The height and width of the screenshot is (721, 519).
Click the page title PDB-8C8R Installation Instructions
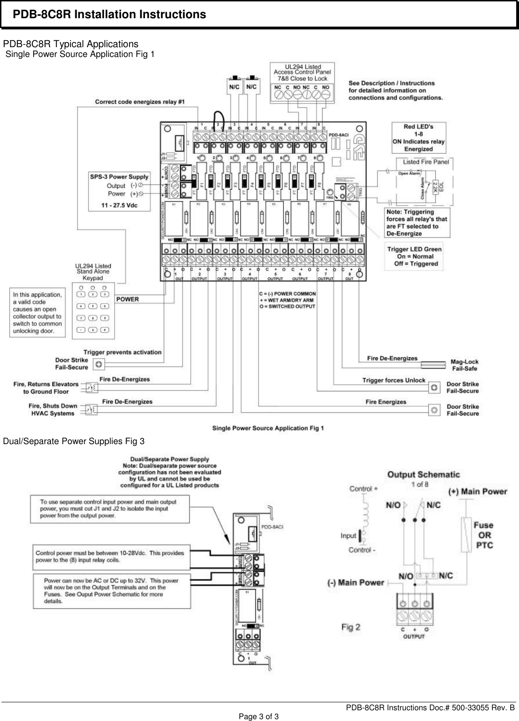109,15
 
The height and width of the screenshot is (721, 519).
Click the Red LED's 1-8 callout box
418,138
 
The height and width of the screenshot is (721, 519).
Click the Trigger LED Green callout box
414,256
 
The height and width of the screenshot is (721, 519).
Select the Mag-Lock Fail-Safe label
464,365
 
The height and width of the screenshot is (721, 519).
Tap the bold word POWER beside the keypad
128,299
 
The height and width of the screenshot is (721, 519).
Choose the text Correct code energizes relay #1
140,101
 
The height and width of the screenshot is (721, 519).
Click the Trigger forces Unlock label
394,380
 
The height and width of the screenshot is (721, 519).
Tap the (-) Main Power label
355,582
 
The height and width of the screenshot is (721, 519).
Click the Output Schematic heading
423,474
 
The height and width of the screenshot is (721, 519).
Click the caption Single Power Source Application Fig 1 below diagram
268,428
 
